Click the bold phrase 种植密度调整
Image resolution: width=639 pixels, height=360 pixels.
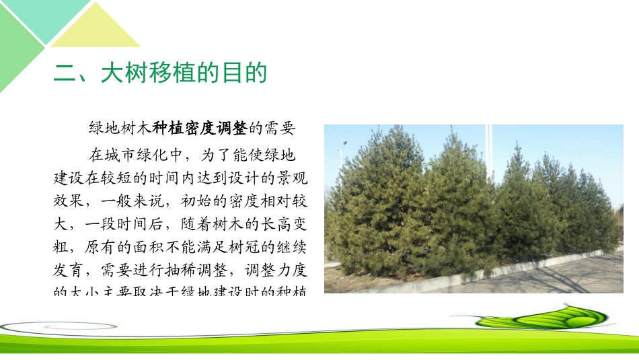(200, 127)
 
